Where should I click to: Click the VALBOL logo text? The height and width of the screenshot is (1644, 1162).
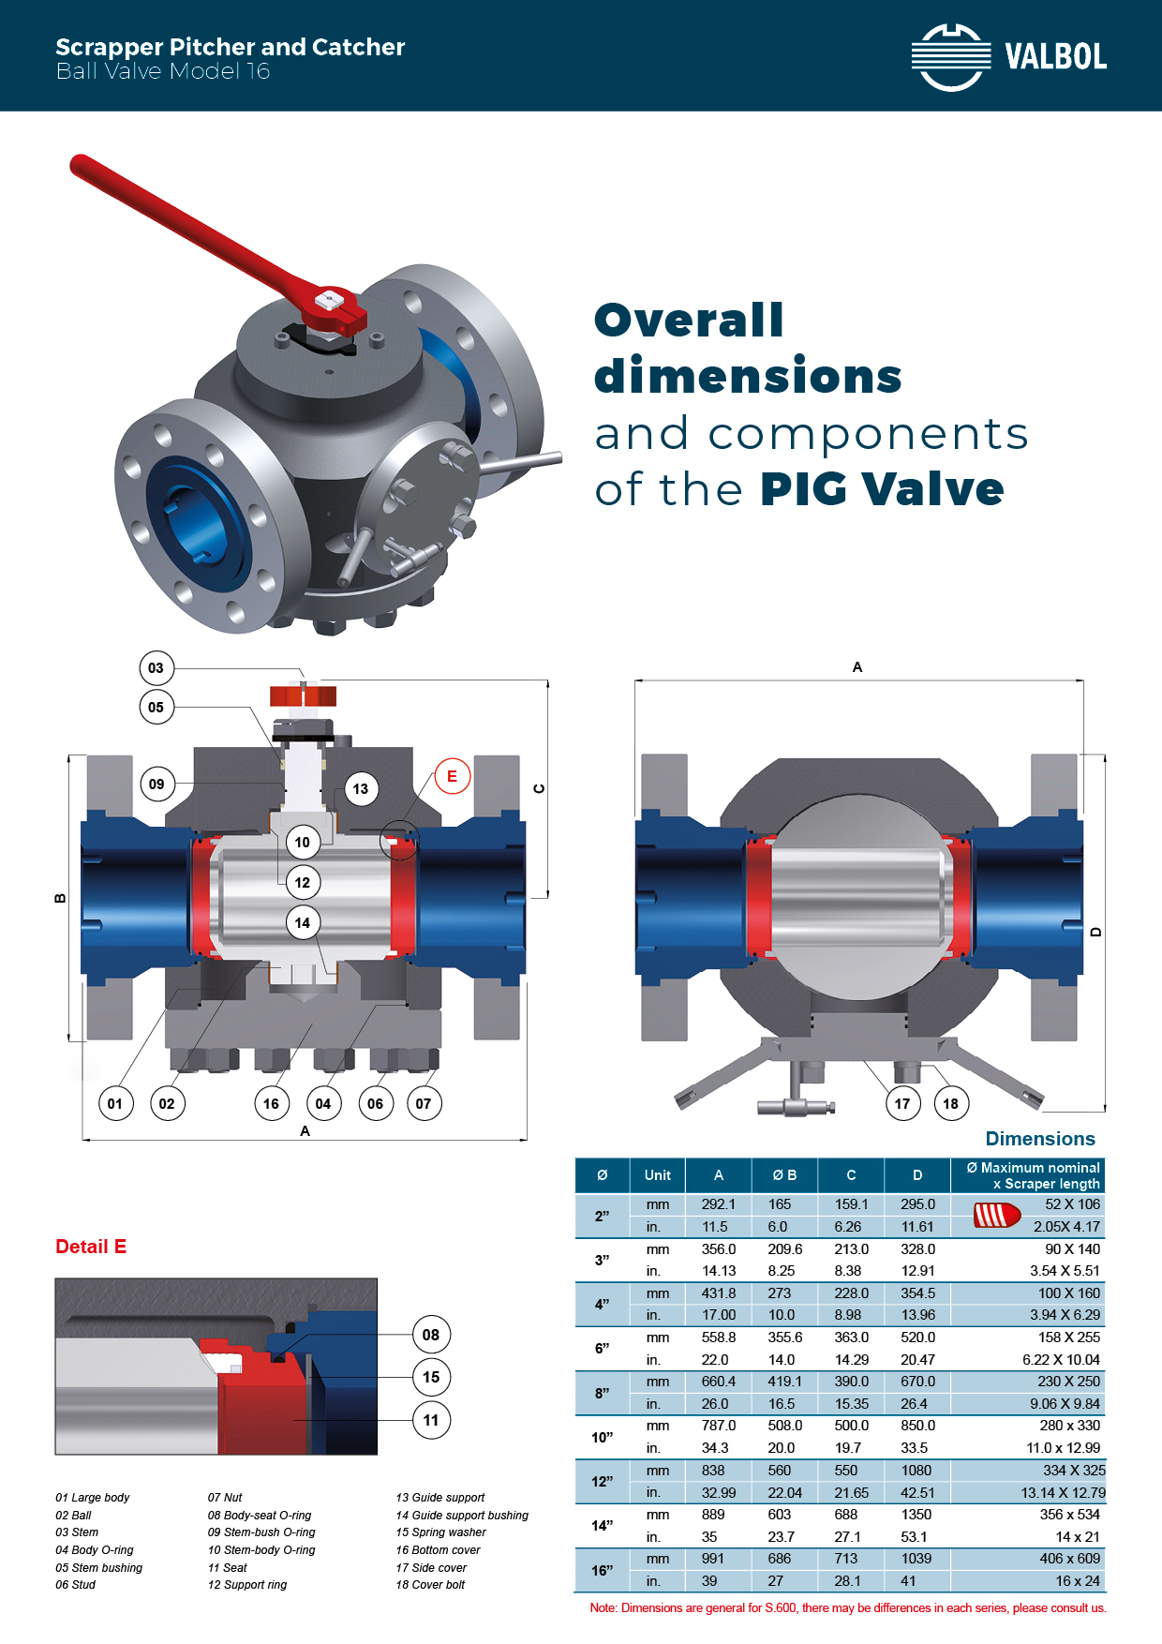[1055, 57]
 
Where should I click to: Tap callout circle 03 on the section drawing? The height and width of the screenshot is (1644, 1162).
[156, 668]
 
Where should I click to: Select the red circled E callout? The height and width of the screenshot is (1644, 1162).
[452, 776]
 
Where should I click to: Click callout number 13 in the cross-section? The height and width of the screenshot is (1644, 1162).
[361, 789]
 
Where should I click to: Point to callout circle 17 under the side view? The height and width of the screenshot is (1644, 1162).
[902, 1103]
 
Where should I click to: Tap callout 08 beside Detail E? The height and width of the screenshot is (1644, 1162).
[431, 1335]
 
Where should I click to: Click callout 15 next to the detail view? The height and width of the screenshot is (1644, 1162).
[431, 1377]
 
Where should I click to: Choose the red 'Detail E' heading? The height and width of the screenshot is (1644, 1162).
[91, 1247]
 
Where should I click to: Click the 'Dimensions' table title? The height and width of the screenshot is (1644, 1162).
[1040, 1139]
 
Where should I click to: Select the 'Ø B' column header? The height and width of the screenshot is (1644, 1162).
[784, 1175]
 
